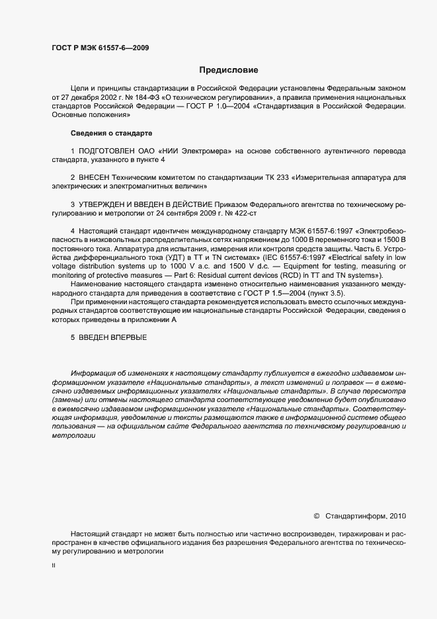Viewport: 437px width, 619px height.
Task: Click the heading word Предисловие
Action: (228, 69)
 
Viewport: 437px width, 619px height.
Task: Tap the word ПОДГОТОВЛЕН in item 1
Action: (106, 151)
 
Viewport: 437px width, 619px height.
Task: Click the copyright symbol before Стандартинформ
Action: (316, 515)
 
